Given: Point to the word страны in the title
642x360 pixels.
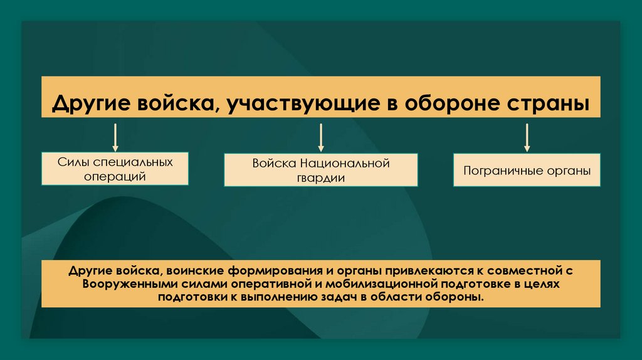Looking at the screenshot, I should (x=552, y=102).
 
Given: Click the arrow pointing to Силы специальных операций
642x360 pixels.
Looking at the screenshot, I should (x=115, y=138).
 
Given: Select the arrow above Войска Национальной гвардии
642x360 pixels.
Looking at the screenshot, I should (x=320, y=138).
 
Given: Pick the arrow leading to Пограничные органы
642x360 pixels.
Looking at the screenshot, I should (x=527, y=138).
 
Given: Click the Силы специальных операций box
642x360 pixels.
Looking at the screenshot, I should (x=115, y=168).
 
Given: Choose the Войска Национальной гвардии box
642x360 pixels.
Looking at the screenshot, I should (x=320, y=170).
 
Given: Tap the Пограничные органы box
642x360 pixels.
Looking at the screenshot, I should (x=527, y=169).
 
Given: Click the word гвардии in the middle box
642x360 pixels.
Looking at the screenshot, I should (x=321, y=177).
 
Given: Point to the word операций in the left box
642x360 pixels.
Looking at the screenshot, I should (x=115, y=176).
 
